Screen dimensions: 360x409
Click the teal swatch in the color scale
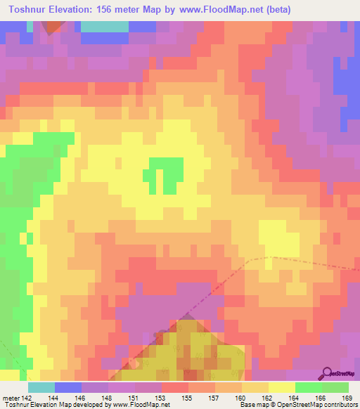(41, 387)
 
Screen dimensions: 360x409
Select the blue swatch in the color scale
(68, 387)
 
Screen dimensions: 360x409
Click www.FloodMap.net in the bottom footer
(131, 405)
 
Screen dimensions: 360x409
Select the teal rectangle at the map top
(105, 27)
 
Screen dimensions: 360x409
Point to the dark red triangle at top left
(52, 27)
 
